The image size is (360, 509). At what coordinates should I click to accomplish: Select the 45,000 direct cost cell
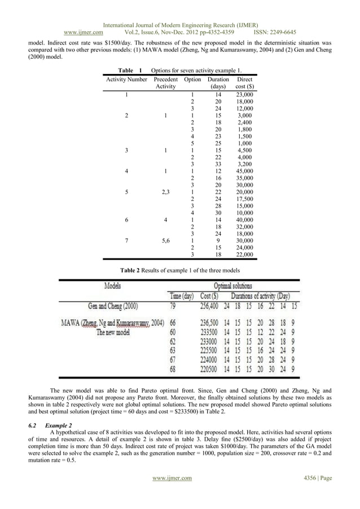pos(245,171)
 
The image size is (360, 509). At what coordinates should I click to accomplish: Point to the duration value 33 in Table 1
pos(218,164)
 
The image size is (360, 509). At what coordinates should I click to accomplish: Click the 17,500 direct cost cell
pos(245,199)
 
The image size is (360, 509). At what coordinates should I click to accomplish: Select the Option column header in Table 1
pos(192,80)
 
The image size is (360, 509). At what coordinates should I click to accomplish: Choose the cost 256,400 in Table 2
pos(213,306)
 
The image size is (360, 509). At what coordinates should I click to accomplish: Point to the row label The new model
pos(113,332)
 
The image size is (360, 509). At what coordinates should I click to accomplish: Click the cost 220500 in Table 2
pos(213,370)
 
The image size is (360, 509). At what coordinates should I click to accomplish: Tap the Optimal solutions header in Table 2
pos(232,286)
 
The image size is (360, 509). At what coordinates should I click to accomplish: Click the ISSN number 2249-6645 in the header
pos(282,32)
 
